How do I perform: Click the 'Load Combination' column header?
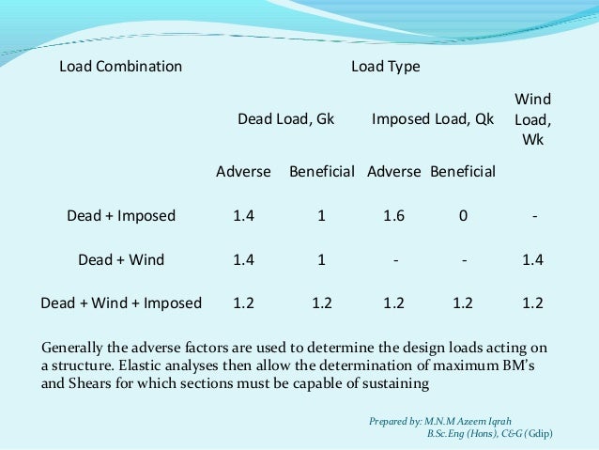click(x=120, y=68)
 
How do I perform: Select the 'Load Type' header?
click(x=385, y=68)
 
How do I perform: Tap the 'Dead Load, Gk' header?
click(x=285, y=120)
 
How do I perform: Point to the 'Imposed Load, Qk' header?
click(x=433, y=120)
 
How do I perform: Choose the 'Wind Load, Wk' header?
click(x=533, y=120)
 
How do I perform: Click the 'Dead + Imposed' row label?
click(x=121, y=216)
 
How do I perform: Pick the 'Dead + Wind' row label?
click(x=121, y=260)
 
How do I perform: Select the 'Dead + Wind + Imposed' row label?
click(x=121, y=303)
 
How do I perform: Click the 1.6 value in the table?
click(x=394, y=216)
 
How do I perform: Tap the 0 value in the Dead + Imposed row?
click(x=463, y=216)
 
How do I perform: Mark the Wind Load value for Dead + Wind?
click(x=533, y=260)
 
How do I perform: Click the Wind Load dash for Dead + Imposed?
click(x=533, y=216)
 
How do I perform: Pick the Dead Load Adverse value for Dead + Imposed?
click(x=244, y=216)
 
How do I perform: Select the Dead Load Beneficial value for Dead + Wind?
click(x=321, y=260)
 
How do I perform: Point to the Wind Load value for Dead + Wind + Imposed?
click(x=533, y=303)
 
